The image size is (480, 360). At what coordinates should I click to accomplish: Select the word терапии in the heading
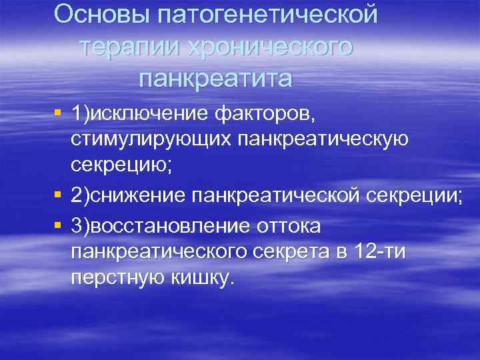tap(131, 47)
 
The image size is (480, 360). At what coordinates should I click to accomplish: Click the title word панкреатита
tap(215, 79)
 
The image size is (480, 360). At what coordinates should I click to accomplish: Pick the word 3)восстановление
tap(159, 226)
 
